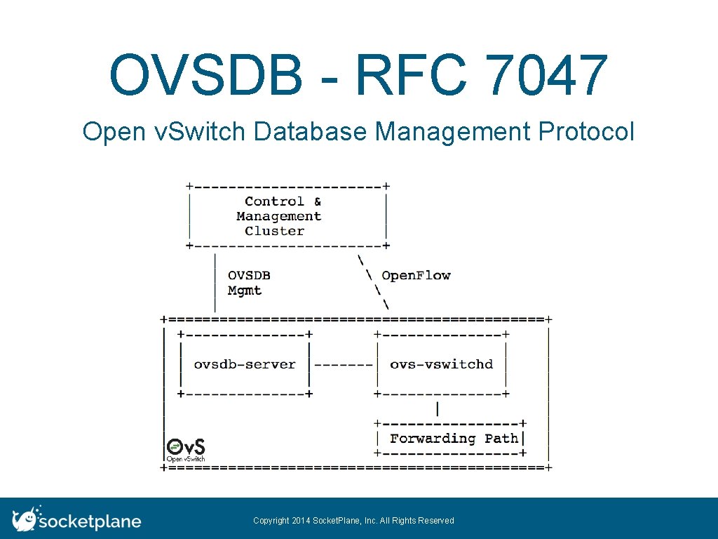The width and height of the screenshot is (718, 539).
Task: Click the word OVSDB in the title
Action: pyautogui.click(x=205, y=76)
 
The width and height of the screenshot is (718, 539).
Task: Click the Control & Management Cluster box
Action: pyautogui.click(x=287, y=216)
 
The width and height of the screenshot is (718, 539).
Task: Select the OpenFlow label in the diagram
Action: pyautogui.click(x=416, y=275)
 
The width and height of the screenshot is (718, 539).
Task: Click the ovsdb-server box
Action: pyautogui.click(x=245, y=364)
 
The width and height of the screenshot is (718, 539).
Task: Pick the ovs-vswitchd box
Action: pyautogui.click(x=442, y=364)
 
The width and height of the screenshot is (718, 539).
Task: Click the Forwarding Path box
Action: pyautogui.click(x=454, y=439)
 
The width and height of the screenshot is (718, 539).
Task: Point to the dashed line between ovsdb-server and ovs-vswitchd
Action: pyautogui.click(x=344, y=364)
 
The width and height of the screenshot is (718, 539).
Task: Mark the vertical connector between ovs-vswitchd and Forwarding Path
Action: pyautogui.click(x=438, y=408)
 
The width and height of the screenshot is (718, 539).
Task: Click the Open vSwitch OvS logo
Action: pyautogui.click(x=186, y=450)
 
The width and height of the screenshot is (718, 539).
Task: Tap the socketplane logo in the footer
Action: pyautogui.click(x=77, y=520)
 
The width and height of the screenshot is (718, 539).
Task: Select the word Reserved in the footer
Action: pyautogui.click(x=437, y=521)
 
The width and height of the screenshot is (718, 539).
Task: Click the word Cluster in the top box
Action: pyautogui.click(x=275, y=231)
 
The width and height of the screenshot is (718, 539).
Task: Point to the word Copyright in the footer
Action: pyautogui.click(x=271, y=521)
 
